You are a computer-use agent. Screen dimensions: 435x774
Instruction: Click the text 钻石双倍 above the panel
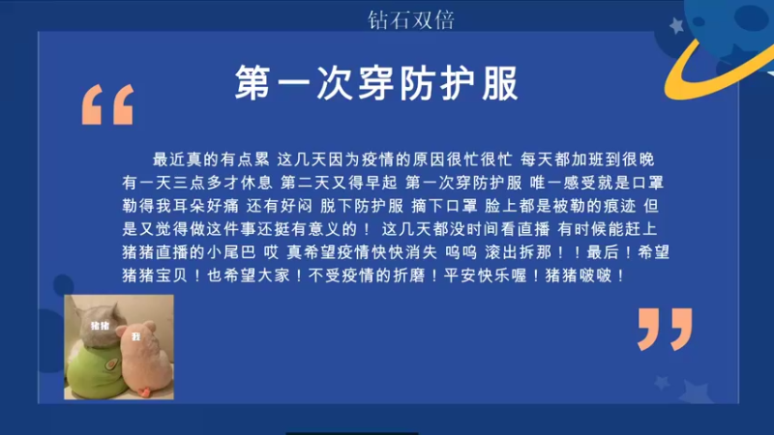[x=411, y=18]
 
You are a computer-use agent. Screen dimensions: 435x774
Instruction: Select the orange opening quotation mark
[x=107, y=104]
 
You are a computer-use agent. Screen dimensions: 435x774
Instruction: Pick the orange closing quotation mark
[x=666, y=329]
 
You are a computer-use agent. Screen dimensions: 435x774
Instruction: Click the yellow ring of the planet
[x=716, y=68]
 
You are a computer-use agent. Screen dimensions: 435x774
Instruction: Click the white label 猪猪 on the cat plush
[x=100, y=327]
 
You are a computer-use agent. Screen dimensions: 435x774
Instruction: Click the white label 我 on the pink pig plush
[x=136, y=336]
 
